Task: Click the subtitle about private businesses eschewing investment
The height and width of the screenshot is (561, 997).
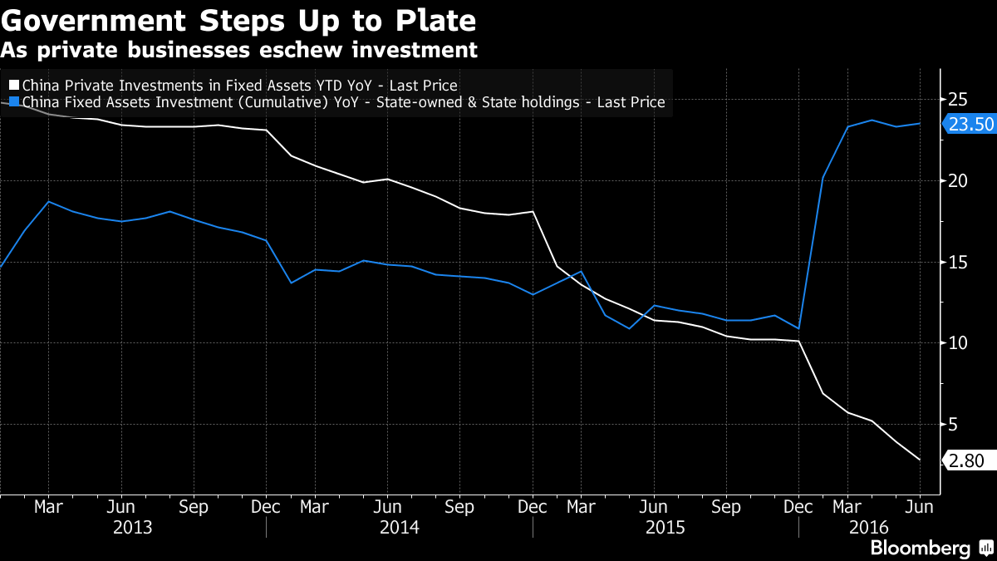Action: click(239, 50)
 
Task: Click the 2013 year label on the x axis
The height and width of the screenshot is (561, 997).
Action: click(133, 528)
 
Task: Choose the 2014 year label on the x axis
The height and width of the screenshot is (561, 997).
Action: click(399, 528)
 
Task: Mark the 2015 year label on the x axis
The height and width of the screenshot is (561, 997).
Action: click(665, 528)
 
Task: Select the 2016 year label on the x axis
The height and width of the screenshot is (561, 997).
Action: click(869, 528)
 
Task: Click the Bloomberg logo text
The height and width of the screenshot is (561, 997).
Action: click(920, 549)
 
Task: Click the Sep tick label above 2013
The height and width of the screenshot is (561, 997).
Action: click(194, 506)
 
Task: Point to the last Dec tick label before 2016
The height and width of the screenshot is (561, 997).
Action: click(799, 506)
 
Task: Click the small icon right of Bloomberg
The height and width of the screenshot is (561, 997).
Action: click(985, 549)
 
